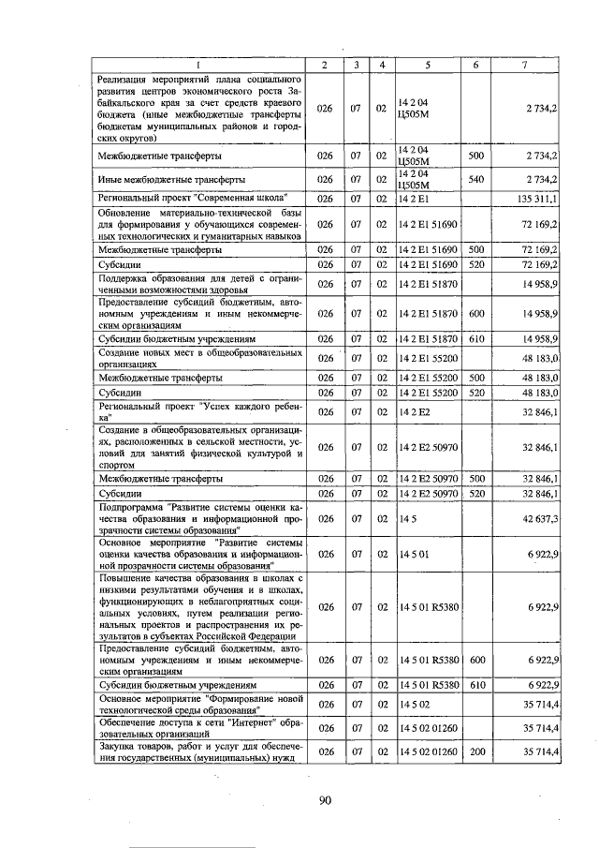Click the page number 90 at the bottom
[x=325, y=800]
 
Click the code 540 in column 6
[x=475, y=179]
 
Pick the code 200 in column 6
[x=475, y=751]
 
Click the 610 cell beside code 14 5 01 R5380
[x=475, y=685]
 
